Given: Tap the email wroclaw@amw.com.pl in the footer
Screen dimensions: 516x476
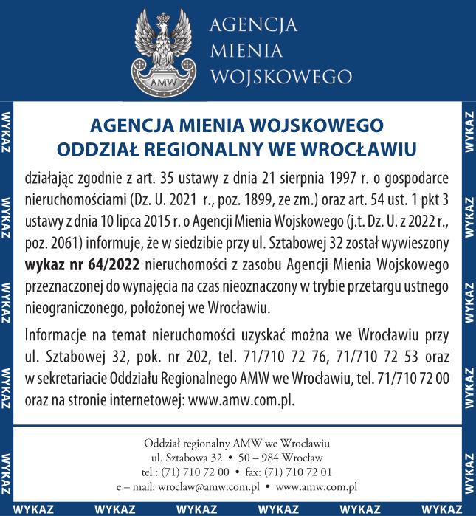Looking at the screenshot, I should click(210, 488).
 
